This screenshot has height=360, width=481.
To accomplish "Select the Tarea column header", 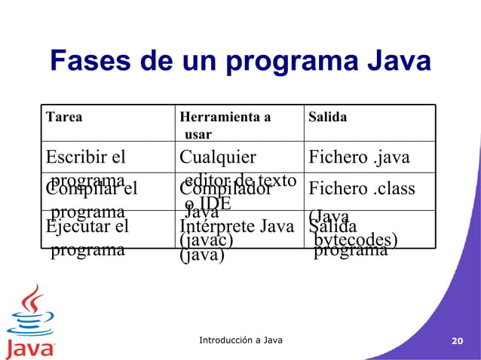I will click(64, 117).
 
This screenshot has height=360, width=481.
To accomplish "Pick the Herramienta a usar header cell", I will click(224, 125).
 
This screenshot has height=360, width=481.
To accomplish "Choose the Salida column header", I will click(327, 117).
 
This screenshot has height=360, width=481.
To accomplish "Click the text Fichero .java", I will click(359, 157).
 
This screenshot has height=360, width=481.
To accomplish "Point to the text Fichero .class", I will click(362, 188).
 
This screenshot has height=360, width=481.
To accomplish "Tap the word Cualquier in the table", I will click(217, 157).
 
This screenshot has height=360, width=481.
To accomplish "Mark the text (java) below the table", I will click(202, 255).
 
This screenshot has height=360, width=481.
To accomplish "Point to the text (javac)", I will click(206, 239).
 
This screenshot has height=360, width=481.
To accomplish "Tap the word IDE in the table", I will click(211, 202).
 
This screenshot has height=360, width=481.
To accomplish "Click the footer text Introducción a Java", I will click(240, 340).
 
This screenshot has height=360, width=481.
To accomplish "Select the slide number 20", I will click(456, 341).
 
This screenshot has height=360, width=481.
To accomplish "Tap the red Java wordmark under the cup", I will click(30, 348).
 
